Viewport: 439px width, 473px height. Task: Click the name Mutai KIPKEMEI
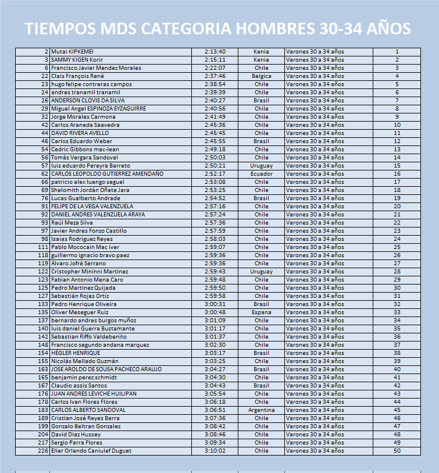click(72, 52)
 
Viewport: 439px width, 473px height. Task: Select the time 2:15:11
click(215, 60)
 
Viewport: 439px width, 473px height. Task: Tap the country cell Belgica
click(262, 76)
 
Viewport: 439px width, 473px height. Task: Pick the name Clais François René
click(77, 76)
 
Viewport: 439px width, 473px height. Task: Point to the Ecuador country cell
click(262, 174)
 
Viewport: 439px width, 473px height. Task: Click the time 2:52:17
click(215, 174)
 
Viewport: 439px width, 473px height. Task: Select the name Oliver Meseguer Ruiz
click(80, 312)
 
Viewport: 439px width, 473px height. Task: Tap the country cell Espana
click(262, 312)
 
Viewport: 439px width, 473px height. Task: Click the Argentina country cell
click(262, 410)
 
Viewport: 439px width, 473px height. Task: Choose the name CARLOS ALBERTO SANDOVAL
click(88, 410)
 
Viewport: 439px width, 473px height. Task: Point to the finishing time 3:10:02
click(215, 451)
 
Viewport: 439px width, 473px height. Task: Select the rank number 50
click(397, 451)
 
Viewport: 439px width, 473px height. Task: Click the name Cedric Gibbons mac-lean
click(84, 150)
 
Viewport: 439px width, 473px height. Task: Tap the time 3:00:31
click(215, 304)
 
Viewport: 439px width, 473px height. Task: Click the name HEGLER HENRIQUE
click(76, 353)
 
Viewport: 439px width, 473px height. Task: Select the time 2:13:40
click(215, 52)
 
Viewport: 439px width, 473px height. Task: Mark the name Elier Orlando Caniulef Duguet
click(91, 451)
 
